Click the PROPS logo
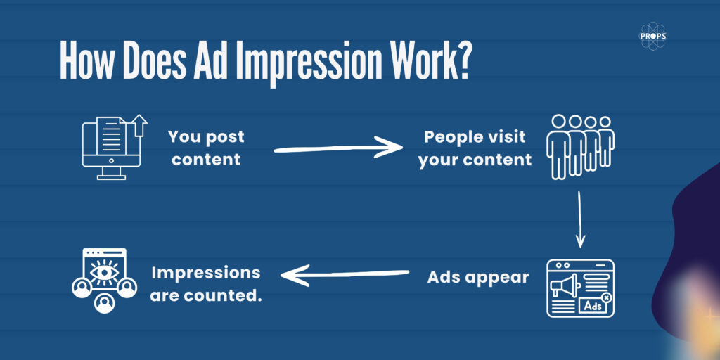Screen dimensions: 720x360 point(652,36)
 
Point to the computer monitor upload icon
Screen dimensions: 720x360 point(115,147)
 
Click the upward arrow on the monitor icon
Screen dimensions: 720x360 point(140,125)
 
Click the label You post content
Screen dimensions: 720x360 point(206,148)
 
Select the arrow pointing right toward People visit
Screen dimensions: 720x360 point(338,147)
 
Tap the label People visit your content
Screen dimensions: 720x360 point(475,148)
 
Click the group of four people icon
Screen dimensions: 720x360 point(580,147)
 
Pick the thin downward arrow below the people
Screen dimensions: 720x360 point(580,219)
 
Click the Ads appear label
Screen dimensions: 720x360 point(478,278)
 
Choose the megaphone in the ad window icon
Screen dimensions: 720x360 point(564,286)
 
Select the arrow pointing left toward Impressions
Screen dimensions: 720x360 point(345,275)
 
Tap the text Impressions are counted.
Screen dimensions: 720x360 point(206,284)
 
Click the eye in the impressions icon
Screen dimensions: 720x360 point(104,272)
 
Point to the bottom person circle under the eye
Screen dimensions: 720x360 point(104,302)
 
